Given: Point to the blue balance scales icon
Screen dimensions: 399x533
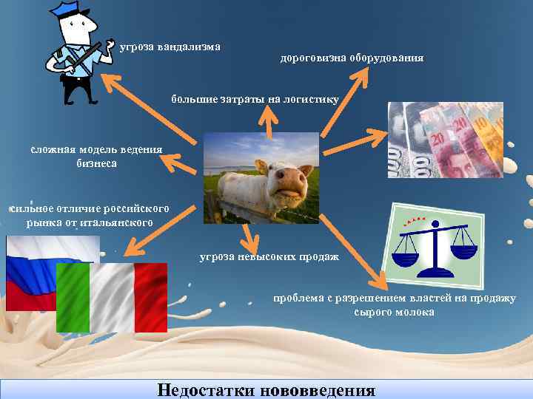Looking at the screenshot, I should click(434, 251).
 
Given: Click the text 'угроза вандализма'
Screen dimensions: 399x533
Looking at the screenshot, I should click(170, 47).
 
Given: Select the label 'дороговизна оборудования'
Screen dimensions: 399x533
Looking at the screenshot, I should click(352, 57).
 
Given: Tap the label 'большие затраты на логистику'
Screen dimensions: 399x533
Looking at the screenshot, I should click(255, 98).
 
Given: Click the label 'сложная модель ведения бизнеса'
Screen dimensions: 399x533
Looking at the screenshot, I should click(96, 157).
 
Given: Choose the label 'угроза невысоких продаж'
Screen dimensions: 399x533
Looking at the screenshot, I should click(269, 256).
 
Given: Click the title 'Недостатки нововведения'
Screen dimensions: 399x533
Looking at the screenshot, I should click(266, 390).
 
